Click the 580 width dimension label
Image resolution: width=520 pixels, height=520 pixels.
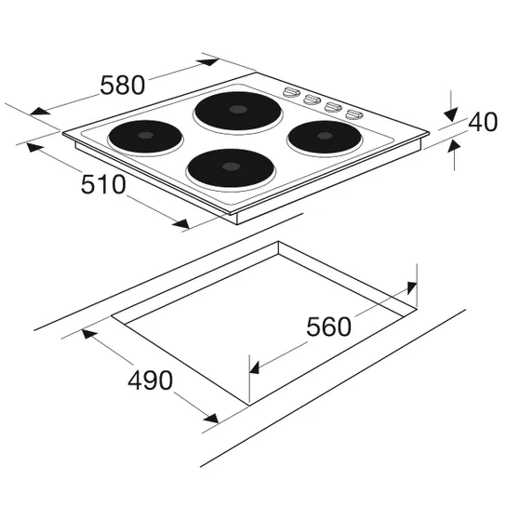(122, 85)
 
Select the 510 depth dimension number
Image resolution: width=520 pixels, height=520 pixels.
(103, 185)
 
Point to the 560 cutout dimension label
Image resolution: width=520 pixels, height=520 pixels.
(328, 327)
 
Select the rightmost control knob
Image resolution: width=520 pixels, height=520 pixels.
(353, 113)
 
